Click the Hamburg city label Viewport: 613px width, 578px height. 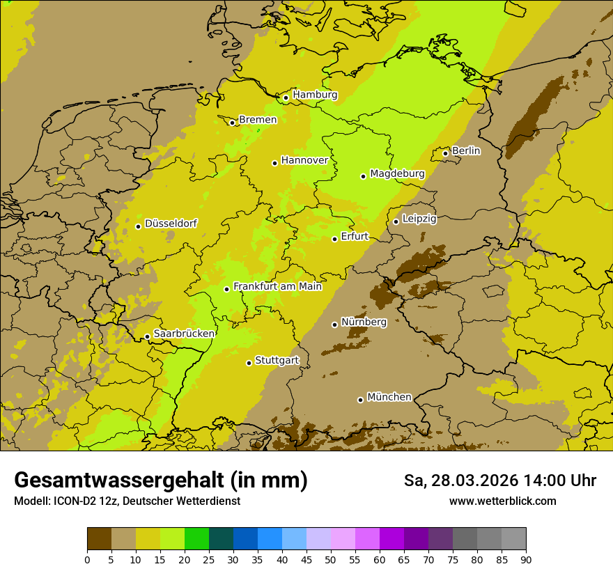click(x=315, y=95)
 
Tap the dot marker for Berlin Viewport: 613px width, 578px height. click(x=446, y=153)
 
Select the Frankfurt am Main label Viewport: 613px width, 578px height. click(x=277, y=286)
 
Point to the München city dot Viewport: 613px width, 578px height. click(x=360, y=400)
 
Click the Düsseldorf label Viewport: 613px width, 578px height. click(x=171, y=224)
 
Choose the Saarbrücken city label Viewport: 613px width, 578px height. click(x=184, y=334)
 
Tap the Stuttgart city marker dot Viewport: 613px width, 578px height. click(x=249, y=363)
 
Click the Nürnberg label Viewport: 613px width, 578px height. click(x=364, y=322)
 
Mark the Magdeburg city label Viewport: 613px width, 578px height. click(x=397, y=173)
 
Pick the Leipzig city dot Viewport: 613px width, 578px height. click(x=396, y=221)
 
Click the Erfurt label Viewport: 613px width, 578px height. click(x=355, y=236)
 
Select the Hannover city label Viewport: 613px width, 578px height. click(x=304, y=160)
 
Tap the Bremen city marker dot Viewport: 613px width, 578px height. click(x=233, y=123)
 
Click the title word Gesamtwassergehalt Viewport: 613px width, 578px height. click(x=122, y=481)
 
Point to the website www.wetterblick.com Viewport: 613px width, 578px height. click(x=502, y=501)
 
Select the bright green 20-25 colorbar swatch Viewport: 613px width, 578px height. click(x=196, y=539)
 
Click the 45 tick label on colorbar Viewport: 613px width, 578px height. click(x=306, y=559)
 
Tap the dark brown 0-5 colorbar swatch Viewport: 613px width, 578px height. click(x=99, y=539)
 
